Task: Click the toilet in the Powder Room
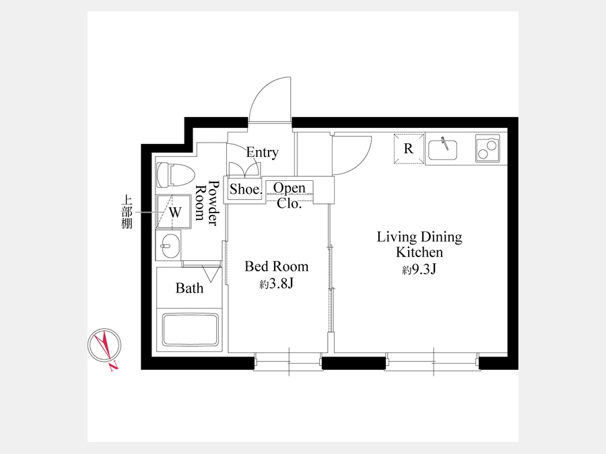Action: pyautogui.click(x=176, y=174)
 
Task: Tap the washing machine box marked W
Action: pyautogui.click(x=174, y=212)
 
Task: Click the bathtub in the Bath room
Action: pyautogui.click(x=190, y=330)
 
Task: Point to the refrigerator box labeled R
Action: pyautogui.click(x=409, y=149)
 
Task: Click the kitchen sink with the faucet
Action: pyautogui.click(x=443, y=149)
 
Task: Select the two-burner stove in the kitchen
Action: pyautogui.click(x=487, y=148)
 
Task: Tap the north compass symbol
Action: pyautogui.click(x=104, y=346)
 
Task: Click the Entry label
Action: pyautogui.click(x=263, y=152)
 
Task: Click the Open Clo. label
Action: pyautogui.click(x=289, y=195)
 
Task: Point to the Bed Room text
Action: pyautogui.click(x=277, y=266)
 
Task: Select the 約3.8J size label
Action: pyautogui.click(x=277, y=284)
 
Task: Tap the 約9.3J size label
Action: pyautogui.click(x=419, y=269)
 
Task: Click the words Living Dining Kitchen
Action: pyautogui.click(x=419, y=244)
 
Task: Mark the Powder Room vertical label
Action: pyautogui.click(x=207, y=202)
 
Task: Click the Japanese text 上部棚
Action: pyautogui.click(x=127, y=213)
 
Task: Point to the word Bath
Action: pyautogui.click(x=189, y=288)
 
